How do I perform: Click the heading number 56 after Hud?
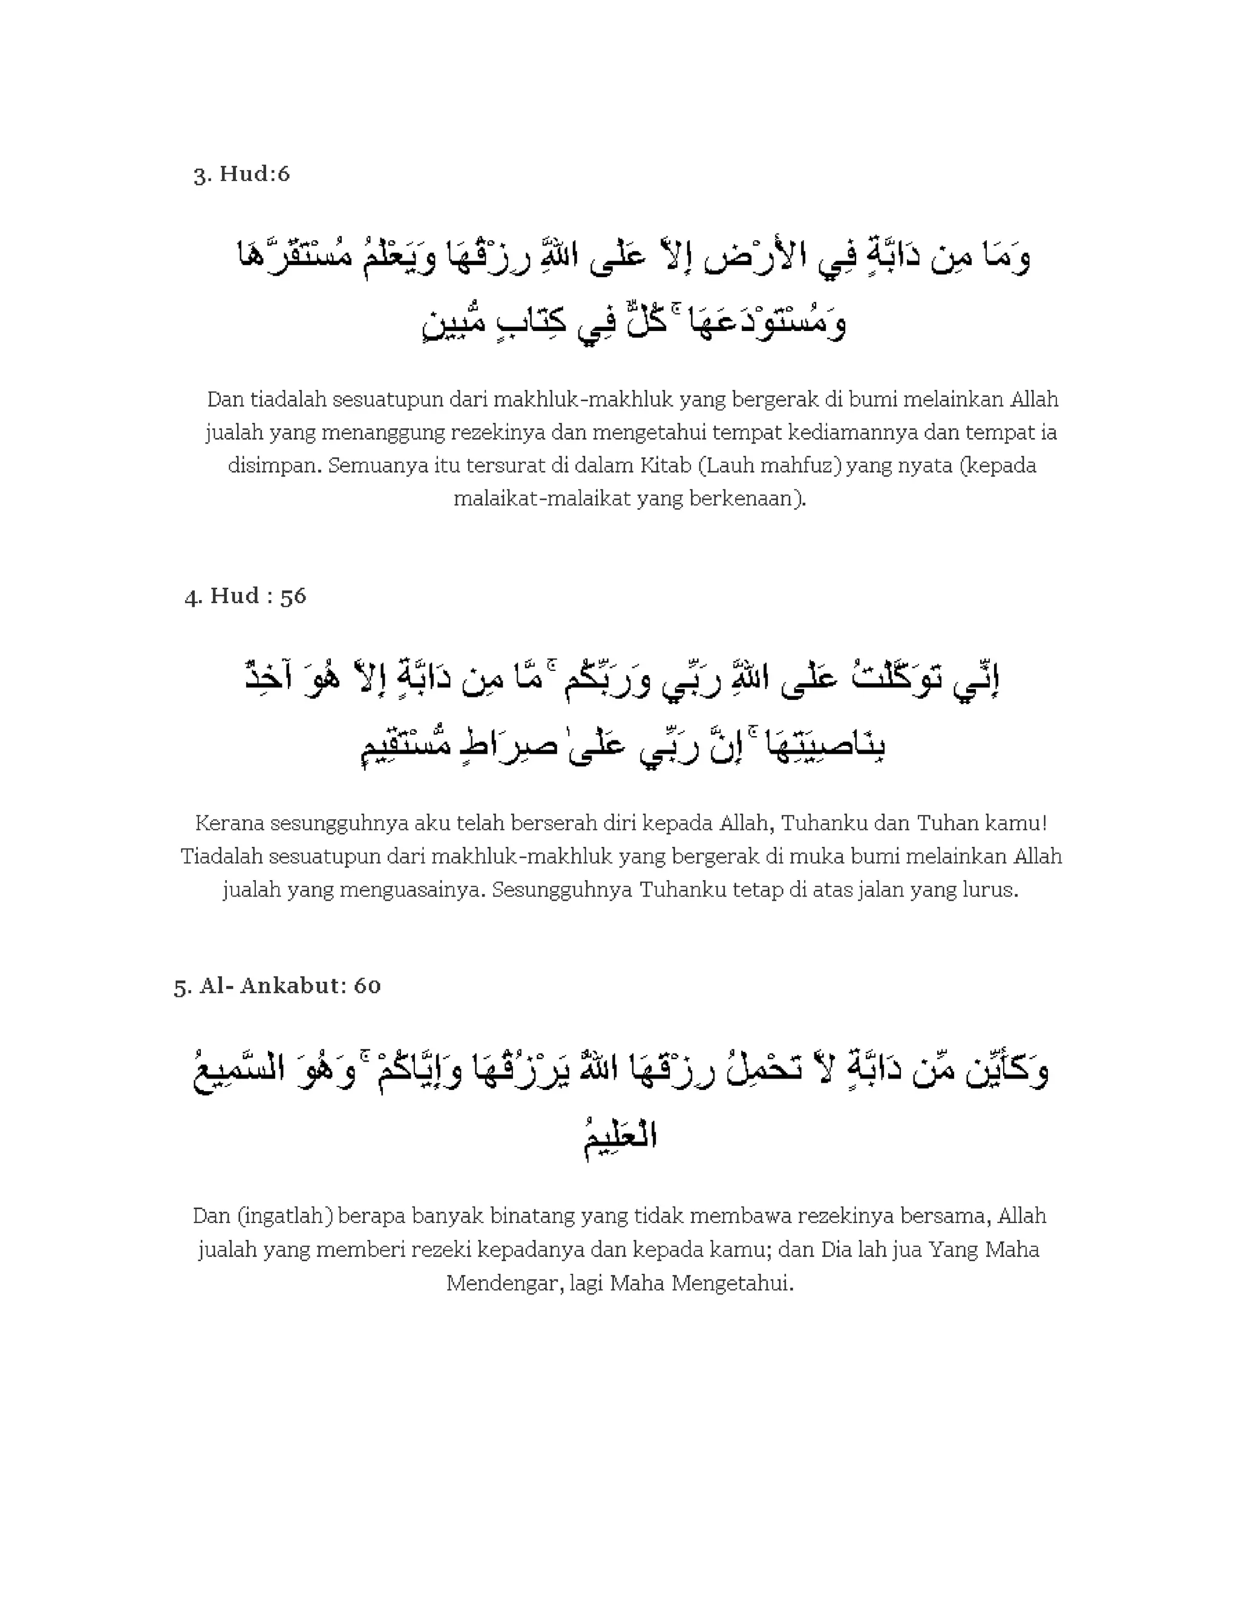click(x=293, y=595)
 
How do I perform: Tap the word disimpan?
click(x=274, y=466)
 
